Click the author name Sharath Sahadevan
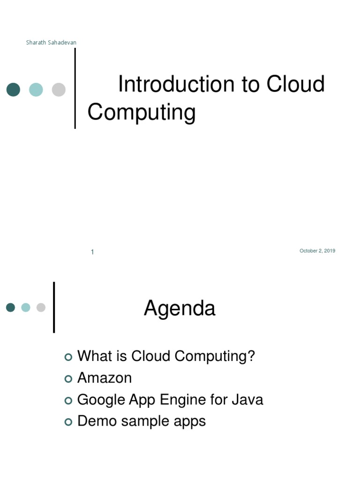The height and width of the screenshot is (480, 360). coord(51,43)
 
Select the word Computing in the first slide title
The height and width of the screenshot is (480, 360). coord(141,112)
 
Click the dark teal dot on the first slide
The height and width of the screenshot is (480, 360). coord(13,90)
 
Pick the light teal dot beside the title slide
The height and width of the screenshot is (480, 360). coord(36,90)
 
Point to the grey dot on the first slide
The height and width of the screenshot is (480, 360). coord(59,90)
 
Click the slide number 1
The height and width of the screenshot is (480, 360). coord(92,252)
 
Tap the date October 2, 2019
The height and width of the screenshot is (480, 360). coord(317,251)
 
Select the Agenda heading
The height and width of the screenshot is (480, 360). coord(180,308)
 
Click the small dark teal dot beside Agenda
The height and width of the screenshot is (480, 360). coord(10,307)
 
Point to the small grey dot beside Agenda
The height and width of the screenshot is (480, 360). coord(41,307)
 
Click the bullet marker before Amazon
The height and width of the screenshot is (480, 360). coord(68,379)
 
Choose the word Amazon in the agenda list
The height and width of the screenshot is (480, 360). coord(105,378)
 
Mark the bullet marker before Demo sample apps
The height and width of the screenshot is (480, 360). coord(68,422)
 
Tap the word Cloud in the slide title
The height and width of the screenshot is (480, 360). coord(296,85)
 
